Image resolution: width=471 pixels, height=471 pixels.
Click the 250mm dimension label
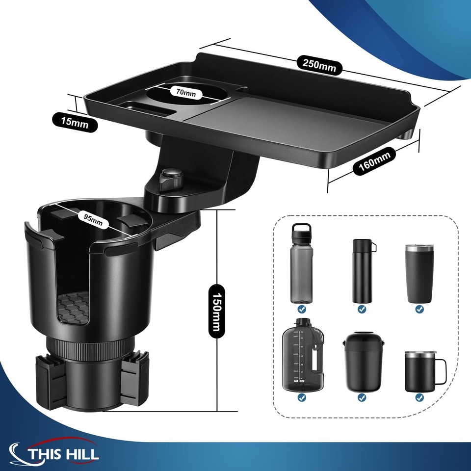[317, 64]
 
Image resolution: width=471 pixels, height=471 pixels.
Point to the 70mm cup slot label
[183, 92]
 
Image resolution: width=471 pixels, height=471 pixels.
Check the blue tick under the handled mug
[419, 397]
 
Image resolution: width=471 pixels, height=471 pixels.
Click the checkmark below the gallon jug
[301, 397]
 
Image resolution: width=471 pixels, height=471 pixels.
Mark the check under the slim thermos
[362, 309]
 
